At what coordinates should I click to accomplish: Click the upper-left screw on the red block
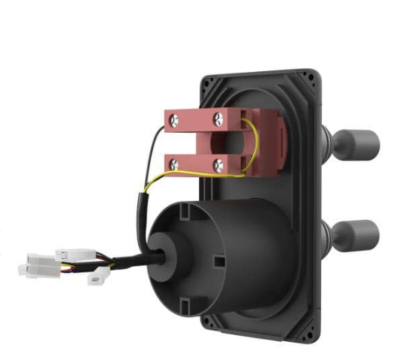coord(174,118)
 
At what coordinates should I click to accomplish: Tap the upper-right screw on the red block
coord(218,116)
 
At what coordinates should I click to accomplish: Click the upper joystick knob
coord(356,142)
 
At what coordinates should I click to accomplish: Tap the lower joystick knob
coord(358,235)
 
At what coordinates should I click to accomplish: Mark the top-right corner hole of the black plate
coord(310,76)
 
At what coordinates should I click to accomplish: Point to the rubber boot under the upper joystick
coord(328,142)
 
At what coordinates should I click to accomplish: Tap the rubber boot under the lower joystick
coord(327,235)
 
